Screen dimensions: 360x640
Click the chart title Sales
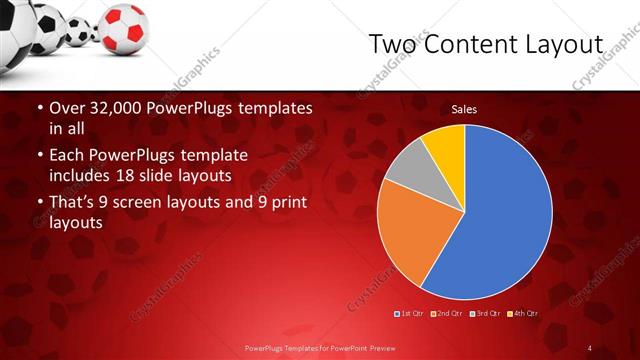(x=463, y=108)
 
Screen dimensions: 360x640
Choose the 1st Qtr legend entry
(x=410, y=314)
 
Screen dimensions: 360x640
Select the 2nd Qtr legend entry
(x=446, y=314)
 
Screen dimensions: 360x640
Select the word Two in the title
(x=392, y=45)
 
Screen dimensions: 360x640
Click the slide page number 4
(x=590, y=347)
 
